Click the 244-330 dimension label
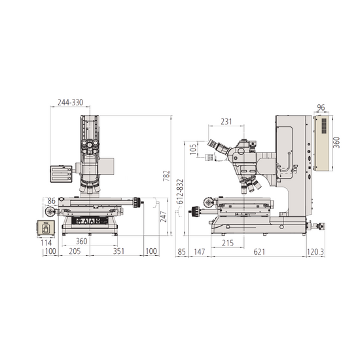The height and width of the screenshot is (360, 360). tap(70, 102)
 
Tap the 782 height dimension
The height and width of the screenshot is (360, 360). tap(166, 175)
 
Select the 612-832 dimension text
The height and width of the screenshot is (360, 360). tap(180, 192)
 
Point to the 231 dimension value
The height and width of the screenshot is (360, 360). tap(226, 122)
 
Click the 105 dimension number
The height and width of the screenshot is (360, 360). tap(193, 149)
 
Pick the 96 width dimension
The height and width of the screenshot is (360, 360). tap(321, 107)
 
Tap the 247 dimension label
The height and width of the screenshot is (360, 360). tap(163, 217)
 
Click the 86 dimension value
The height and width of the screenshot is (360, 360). tap(52, 201)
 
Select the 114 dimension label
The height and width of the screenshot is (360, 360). tap(46, 243)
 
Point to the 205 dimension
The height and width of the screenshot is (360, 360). tap(75, 251)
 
